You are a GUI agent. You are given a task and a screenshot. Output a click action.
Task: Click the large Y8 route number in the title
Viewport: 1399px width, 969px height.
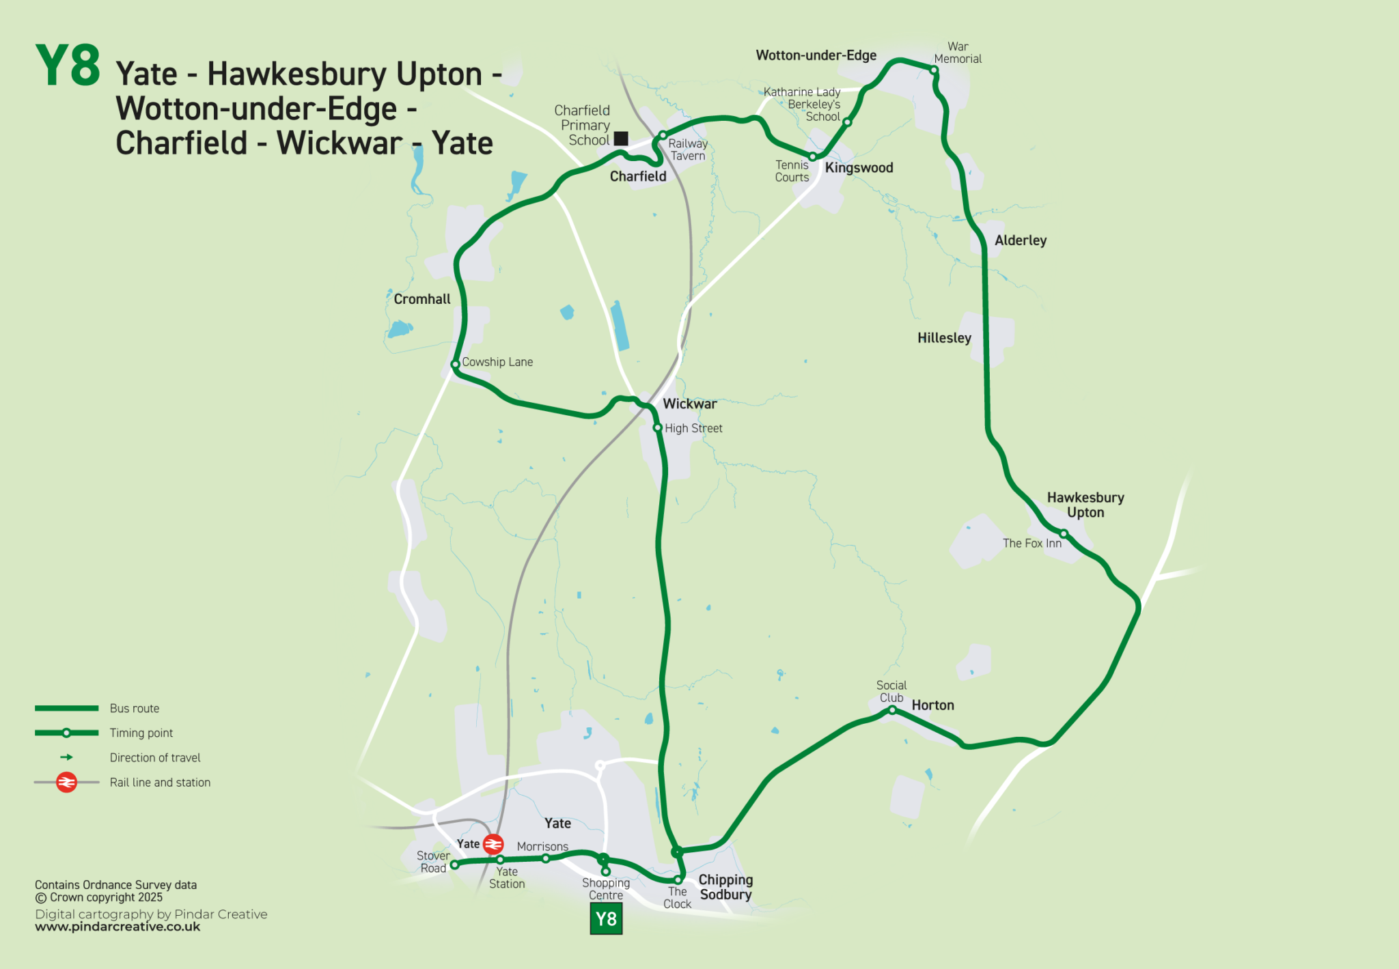coord(68,66)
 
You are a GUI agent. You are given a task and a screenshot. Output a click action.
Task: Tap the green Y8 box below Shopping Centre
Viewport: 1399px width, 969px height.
coord(606,918)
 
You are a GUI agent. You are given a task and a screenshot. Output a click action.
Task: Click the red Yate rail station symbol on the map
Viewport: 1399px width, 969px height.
coord(493,844)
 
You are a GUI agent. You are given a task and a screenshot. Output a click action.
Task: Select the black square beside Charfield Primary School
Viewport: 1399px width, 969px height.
coord(621,139)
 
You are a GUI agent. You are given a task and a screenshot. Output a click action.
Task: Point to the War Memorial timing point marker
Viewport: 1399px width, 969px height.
coord(934,70)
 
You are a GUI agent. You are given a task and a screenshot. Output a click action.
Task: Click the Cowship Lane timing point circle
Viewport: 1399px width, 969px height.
coord(456,364)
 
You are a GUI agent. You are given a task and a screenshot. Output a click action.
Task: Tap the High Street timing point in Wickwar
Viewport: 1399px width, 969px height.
coord(657,428)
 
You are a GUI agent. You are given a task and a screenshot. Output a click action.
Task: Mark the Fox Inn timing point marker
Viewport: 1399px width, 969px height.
coord(1064,533)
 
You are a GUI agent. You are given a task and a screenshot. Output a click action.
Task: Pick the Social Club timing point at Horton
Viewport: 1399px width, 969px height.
coord(892,710)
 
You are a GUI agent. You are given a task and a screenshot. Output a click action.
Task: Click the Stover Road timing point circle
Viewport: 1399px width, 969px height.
coord(454,865)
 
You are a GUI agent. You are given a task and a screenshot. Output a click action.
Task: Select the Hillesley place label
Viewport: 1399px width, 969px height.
coord(944,338)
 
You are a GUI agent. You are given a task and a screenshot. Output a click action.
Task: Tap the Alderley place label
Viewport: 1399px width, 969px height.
coord(1020,240)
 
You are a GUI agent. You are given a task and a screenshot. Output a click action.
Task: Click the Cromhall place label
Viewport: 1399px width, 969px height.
coord(422,299)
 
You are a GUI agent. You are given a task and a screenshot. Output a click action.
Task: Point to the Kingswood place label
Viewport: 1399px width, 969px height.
coord(859,168)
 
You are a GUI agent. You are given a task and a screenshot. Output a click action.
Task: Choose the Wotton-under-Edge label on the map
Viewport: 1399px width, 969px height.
coord(816,55)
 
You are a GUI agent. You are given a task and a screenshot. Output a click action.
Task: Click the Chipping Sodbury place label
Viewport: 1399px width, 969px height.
coord(725,887)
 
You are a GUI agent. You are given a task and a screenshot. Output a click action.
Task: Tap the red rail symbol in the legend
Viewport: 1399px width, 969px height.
coord(66,782)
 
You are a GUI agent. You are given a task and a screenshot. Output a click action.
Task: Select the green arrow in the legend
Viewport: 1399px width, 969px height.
coord(66,757)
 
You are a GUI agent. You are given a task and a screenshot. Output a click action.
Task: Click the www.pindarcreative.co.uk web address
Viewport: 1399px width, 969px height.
coord(117,927)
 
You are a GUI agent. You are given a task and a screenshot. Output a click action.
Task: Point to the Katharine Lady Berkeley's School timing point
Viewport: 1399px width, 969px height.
coord(847,122)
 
